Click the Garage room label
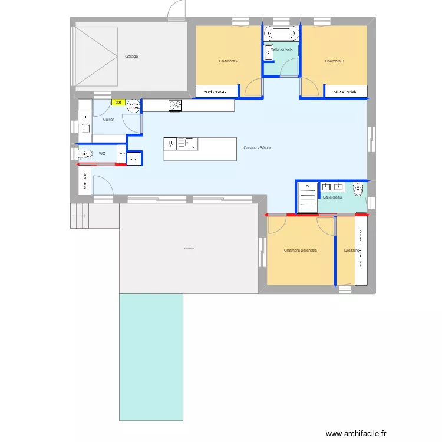pos(131,57)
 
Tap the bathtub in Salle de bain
pos(281,32)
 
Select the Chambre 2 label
pos(228,61)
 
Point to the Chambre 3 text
pos(334,61)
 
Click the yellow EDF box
pos(118,103)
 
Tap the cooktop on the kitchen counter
pos(175,105)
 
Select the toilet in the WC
pos(86,154)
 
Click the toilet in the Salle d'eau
pos(358,190)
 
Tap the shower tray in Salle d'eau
pos(308,196)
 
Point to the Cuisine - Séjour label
pos(257,148)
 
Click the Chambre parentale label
pos(300,250)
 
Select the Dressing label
pos(351,250)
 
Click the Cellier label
pos(108,120)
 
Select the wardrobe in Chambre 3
pos(346,91)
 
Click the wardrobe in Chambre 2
pos(216,91)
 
